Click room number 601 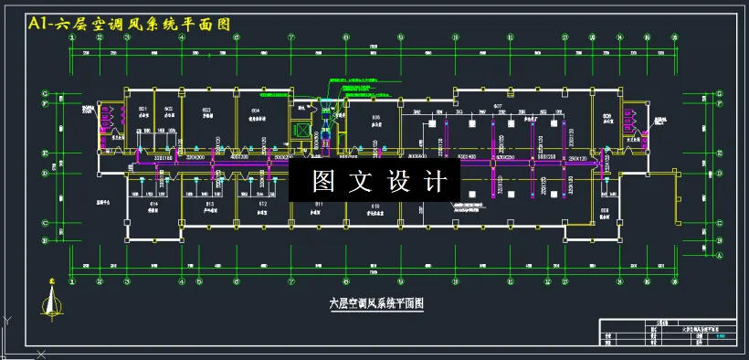click(x=143, y=110)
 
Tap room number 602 click(x=168, y=110)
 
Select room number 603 click(x=206, y=110)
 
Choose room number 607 click(x=499, y=107)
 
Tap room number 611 click(x=319, y=203)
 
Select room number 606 click(x=375, y=118)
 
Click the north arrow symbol click(x=52, y=297)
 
